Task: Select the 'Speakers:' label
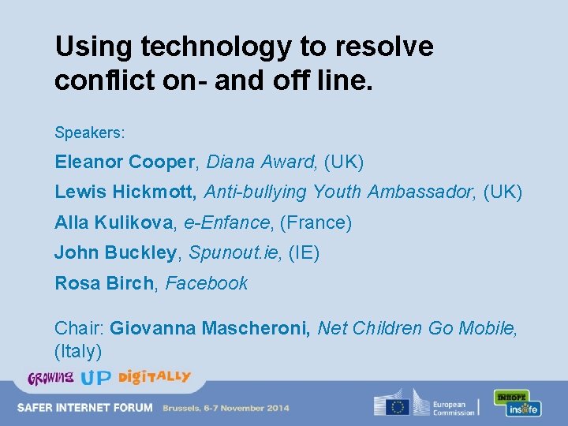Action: pos(90,132)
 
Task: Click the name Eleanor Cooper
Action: pos(125,163)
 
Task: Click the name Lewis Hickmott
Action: pos(125,192)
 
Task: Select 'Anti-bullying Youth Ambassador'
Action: pos(341,192)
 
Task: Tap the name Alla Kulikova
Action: pos(114,222)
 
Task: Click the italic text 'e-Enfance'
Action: pos(226,222)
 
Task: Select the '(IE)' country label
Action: pos(305,253)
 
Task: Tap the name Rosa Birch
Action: pos(104,283)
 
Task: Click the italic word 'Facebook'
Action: pos(207,283)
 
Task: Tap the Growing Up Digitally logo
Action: pos(109,377)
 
